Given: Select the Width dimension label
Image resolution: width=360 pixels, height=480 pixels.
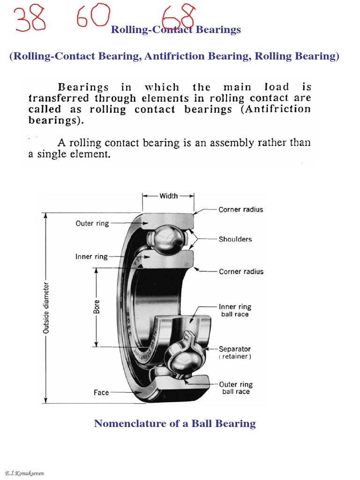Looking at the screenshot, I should click(x=169, y=196).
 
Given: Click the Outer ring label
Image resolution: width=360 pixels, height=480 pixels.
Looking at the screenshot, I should click(x=92, y=224).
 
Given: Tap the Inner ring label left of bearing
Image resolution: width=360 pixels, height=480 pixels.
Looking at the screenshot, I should click(x=91, y=257).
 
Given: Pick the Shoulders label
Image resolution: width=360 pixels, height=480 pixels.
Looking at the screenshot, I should click(x=235, y=239).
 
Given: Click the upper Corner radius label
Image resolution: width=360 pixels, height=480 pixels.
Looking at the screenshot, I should click(x=241, y=210).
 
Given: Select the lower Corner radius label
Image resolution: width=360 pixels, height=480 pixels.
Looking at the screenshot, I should click(x=241, y=271).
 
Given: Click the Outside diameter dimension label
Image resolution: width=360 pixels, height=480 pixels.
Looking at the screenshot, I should click(x=46, y=307).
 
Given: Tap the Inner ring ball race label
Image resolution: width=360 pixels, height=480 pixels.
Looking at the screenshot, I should click(x=235, y=310).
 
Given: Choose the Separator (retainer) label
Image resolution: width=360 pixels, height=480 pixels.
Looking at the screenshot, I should click(x=235, y=352).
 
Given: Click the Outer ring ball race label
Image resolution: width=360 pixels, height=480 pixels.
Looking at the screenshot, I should click(x=235, y=388).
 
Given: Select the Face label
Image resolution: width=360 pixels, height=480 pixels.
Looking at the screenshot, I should click(x=101, y=392).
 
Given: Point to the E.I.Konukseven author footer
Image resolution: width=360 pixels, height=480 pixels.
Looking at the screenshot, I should click(x=24, y=473).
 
